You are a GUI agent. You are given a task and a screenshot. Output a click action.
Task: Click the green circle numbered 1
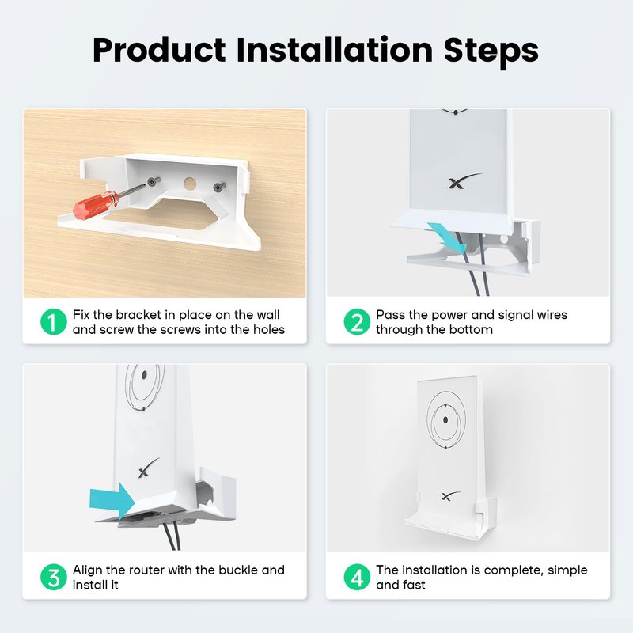tap(54, 322)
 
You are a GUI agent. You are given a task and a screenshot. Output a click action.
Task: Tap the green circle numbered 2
tap(357, 322)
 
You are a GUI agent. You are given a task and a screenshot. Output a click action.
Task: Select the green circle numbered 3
tap(54, 577)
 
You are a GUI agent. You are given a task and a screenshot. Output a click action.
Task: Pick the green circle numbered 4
tap(357, 577)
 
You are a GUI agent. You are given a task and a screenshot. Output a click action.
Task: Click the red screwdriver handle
tap(96, 204)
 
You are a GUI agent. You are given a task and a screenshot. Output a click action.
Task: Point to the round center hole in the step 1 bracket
tap(190, 184)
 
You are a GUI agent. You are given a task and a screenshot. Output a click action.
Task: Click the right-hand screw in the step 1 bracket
tap(220, 187)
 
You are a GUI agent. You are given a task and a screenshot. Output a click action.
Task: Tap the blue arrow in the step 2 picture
tap(446, 237)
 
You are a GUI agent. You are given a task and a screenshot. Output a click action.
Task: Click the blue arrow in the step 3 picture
tap(112, 499)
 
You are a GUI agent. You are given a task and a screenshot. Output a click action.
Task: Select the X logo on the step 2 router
tap(464, 180)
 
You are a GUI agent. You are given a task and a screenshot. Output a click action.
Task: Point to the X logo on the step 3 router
tap(149, 468)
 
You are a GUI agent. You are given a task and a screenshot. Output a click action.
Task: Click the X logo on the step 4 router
tap(450, 495)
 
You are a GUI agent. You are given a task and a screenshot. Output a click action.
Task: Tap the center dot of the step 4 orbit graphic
tap(445, 420)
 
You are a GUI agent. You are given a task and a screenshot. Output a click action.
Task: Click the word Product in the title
tap(159, 50)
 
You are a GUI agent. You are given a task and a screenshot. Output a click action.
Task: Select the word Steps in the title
tap(491, 51)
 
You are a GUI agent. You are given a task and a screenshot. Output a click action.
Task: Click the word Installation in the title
tap(335, 49)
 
